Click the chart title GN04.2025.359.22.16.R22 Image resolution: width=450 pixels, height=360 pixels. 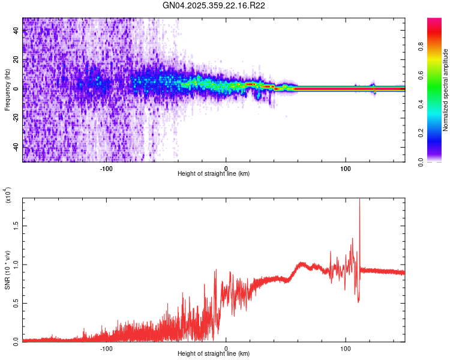pos(214,5)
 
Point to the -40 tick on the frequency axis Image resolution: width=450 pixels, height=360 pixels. pos(16,147)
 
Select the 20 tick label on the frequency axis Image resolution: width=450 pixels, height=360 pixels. pos(16,60)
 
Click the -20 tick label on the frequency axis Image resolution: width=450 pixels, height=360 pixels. pos(16,118)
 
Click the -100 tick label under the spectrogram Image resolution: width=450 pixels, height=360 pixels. pos(106,168)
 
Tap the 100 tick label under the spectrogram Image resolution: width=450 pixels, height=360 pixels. pos(346,168)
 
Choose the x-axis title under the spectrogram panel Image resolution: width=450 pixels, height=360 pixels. pos(214,174)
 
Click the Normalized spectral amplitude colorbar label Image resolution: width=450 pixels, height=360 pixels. pos(446,90)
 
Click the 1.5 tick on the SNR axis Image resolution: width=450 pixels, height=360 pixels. pos(16,226)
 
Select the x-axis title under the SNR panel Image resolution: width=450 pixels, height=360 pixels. pos(214,354)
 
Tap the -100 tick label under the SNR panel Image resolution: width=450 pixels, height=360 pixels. pos(106,348)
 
